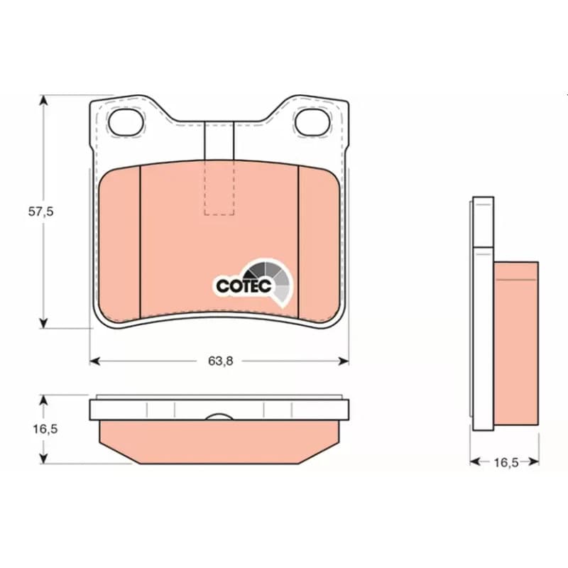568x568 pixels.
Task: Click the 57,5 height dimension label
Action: point(41,212)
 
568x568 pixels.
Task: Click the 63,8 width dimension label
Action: point(221,361)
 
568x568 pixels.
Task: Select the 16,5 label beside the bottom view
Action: point(45,429)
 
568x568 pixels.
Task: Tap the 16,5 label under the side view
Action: point(506,463)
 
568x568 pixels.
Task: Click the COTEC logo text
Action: point(244,286)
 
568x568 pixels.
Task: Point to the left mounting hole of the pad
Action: point(126,122)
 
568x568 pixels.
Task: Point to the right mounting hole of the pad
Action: point(312,122)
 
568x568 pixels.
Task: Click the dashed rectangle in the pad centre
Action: point(219,187)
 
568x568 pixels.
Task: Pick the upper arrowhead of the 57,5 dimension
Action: point(43,100)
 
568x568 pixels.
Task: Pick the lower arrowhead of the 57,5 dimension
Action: point(43,323)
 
